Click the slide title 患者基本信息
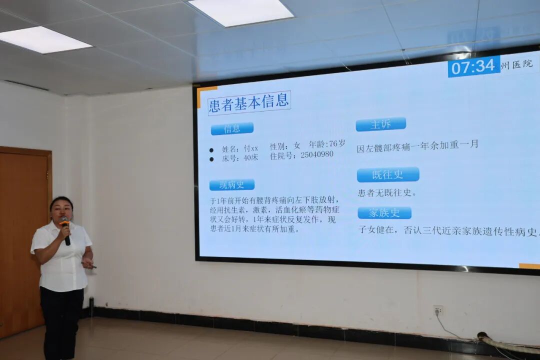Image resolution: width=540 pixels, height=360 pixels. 249,102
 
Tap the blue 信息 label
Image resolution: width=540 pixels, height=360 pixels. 232,128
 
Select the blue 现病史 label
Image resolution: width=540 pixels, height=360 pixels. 232,184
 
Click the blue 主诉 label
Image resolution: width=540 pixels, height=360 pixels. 380,124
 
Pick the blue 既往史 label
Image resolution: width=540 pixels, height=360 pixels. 388,174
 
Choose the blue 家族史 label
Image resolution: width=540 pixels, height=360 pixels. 384,212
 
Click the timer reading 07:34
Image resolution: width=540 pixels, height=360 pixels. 473,66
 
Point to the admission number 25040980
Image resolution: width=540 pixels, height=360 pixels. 316,155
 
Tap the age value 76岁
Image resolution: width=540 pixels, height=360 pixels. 333,144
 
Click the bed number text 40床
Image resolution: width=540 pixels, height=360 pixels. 250,157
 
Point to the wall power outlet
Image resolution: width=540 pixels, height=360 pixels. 438,310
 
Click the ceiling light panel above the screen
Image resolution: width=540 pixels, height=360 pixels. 241,12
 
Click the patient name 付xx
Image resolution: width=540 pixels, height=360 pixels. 251,148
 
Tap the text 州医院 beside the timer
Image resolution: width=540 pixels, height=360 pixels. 517,64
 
